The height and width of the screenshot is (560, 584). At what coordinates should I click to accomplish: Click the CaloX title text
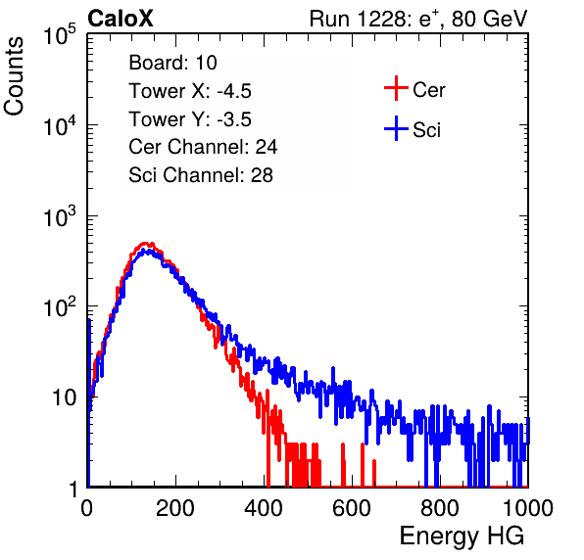121,19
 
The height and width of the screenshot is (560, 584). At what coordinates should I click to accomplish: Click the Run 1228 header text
418,19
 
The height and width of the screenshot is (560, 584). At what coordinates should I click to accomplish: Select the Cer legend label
428,90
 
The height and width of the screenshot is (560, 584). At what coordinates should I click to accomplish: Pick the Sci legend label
426,130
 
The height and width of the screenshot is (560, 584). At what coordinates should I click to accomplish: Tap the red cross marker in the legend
396,88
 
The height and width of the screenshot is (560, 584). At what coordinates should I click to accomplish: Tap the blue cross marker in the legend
396,128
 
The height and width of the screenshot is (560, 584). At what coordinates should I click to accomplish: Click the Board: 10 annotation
172,63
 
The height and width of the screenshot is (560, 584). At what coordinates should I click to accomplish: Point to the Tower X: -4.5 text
190,91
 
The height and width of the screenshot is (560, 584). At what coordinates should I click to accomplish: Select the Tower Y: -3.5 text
190,119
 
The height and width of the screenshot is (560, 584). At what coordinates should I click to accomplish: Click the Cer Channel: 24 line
203,147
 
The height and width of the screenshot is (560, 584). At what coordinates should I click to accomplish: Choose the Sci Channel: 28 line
201,175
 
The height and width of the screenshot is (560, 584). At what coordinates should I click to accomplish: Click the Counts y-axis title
14,76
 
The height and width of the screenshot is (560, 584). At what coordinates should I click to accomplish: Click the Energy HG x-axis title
462,537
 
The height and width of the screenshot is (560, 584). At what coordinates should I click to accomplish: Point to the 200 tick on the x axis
175,508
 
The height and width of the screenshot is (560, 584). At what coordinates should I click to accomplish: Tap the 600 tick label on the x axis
352,508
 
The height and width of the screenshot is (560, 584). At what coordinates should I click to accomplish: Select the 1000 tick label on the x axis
528,508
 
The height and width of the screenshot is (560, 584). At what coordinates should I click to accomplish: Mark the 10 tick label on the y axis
65,397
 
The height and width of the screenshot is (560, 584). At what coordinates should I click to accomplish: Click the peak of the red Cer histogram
146,243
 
